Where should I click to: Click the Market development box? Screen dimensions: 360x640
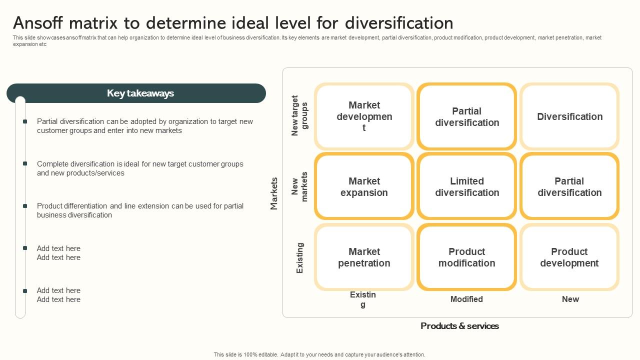pos(364,116)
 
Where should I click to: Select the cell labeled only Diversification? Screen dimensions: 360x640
pos(569,116)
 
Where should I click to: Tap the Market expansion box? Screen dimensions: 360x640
pos(364,186)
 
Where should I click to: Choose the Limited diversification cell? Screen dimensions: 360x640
pos(467,186)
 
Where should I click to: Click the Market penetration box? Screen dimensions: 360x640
pos(364,257)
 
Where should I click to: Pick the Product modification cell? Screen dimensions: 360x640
pos(467,257)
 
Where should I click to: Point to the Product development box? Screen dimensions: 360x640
pos(569,257)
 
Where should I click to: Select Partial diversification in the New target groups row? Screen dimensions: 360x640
pos(467,116)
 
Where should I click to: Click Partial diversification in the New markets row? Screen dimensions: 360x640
pos(569,186)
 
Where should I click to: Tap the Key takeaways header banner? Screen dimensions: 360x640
pos(136,93)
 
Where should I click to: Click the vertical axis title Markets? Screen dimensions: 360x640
pos(274,193)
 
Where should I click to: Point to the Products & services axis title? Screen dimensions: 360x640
pos(459,326)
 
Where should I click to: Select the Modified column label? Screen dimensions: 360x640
pos(466,299)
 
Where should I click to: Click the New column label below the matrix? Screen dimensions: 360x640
pos(570,299)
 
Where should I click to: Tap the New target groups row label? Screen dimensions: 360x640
pos(299,115)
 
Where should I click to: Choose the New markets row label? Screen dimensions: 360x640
pos(299,186)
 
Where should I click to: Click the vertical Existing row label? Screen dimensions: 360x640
pos(300,257)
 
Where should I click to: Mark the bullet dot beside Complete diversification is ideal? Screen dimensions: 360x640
pos(25,163)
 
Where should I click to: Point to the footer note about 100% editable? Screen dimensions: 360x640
pos(319,354)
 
